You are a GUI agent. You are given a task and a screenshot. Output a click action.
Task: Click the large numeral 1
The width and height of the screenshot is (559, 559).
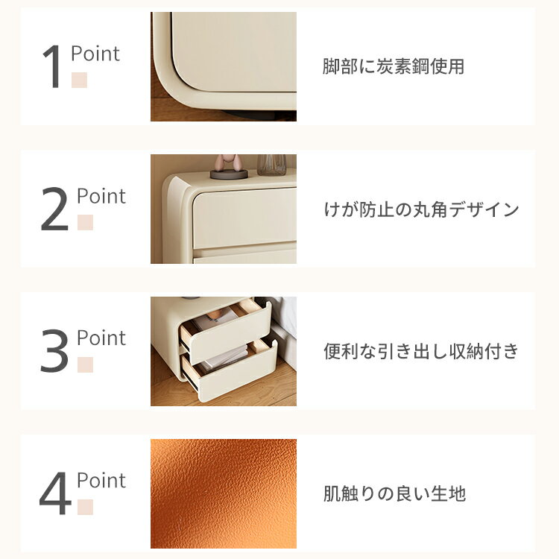click(x=52, y=66)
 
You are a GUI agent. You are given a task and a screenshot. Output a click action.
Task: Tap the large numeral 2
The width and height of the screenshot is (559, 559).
click(x=54, y=209)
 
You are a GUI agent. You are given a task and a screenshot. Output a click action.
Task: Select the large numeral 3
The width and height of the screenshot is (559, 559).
click(x=54, y=351)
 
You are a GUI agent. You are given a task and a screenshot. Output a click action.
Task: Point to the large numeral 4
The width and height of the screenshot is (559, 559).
click(x=55, y=493)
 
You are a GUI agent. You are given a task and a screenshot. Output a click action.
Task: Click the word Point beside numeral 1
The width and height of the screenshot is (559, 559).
click(x=95, y=54)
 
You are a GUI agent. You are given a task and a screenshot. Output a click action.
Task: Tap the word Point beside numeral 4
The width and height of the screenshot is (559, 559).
click(x=101, y=480)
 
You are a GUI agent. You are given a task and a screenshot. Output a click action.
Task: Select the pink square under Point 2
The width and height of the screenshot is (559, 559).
click(x=85, y=222)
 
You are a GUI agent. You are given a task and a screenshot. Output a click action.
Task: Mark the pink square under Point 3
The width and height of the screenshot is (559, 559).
click(x=85, y=364)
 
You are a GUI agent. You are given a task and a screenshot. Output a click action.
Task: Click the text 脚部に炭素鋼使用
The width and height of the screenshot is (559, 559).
click(x=394, y=66)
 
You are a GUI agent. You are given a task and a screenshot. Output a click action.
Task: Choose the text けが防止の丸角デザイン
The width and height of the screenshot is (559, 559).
click(x=421, y=209)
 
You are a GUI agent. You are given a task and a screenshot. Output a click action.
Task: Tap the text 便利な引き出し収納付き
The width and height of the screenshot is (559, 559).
click(x=420, y=351)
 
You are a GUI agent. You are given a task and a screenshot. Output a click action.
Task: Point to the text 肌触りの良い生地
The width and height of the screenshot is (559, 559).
click(x=394, y=493)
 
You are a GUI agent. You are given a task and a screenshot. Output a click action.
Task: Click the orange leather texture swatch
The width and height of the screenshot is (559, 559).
click(x=224, y=493)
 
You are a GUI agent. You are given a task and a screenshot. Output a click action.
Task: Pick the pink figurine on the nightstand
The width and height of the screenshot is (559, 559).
click(x=228, y=162)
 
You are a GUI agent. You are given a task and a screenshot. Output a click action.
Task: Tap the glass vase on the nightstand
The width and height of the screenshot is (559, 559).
click(x=271, y=165)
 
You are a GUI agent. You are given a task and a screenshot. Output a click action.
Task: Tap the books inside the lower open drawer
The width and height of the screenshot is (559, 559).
click(x=225, y=357)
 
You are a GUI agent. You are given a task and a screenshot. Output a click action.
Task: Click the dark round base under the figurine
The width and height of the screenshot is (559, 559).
click(x=229, y=174)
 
